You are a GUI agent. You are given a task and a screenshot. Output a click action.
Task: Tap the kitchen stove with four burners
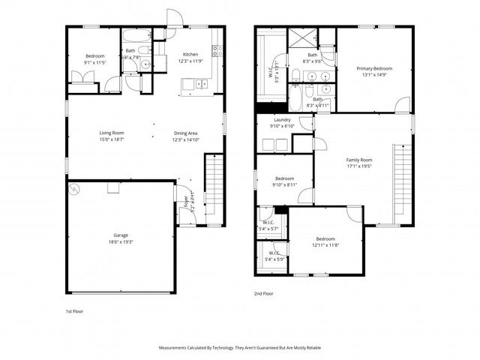click(216, 51)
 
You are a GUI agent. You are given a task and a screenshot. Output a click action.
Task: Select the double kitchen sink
click(202, 84)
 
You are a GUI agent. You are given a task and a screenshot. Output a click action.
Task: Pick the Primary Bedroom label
click(374, 68)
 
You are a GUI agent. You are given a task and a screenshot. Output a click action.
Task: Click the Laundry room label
click(282, 120)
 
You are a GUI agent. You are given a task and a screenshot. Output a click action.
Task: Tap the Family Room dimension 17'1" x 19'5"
click(358, 166)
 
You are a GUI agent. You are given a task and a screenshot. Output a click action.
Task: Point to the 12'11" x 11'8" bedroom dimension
click(325, 245)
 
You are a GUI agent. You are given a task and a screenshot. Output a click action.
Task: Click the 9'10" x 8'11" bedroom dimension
click(283, 184)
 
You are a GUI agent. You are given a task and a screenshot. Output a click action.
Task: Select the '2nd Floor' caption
click(263, 294)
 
